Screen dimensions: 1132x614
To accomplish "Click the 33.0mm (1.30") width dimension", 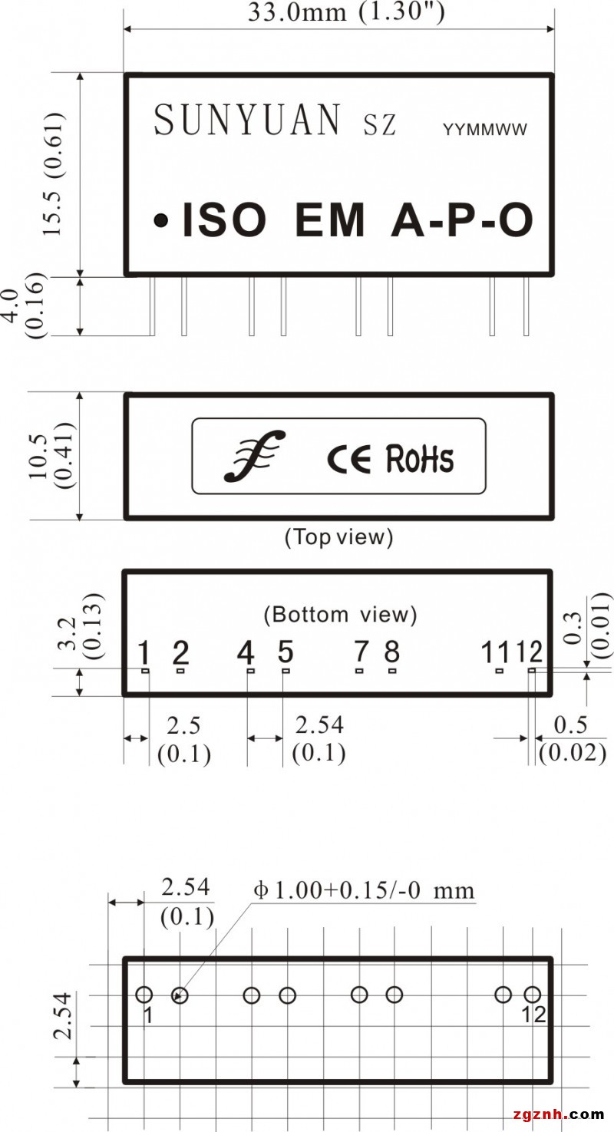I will pyautogui.click(x=345, y=13).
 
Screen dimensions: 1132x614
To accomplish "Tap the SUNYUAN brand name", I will pyautogui.click(x=247, y=120).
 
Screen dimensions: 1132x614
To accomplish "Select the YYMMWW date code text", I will pyautogui.click(x=485, y=130).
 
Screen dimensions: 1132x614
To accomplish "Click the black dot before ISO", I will pyautogui.click(x=161, y=221).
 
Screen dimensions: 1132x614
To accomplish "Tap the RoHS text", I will pyautogui.click(x=419, y=458).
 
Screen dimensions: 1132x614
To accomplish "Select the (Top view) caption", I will pyautogui.click(x=338, y=537).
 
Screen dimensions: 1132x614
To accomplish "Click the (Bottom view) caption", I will pyautogui.click(x=340, y=614).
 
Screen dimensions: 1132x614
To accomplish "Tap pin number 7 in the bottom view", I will pyautogui.click(x=361, y=652).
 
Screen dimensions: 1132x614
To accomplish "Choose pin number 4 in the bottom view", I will pyautogui.click(x=246, y=654).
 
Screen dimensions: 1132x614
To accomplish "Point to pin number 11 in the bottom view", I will pyautogui.click(x=495, y=653).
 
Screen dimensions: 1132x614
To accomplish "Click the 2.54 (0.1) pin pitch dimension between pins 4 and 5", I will pyautogui.click(x=319, y=738).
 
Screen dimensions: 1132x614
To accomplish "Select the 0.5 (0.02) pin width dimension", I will pyautogui.click(x=572, y=738).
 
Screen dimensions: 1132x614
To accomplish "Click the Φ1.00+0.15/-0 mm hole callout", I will pyautogui.click(x=365, y=891).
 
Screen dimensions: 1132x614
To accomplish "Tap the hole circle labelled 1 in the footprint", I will pyautogui.click(x=144, y=995).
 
